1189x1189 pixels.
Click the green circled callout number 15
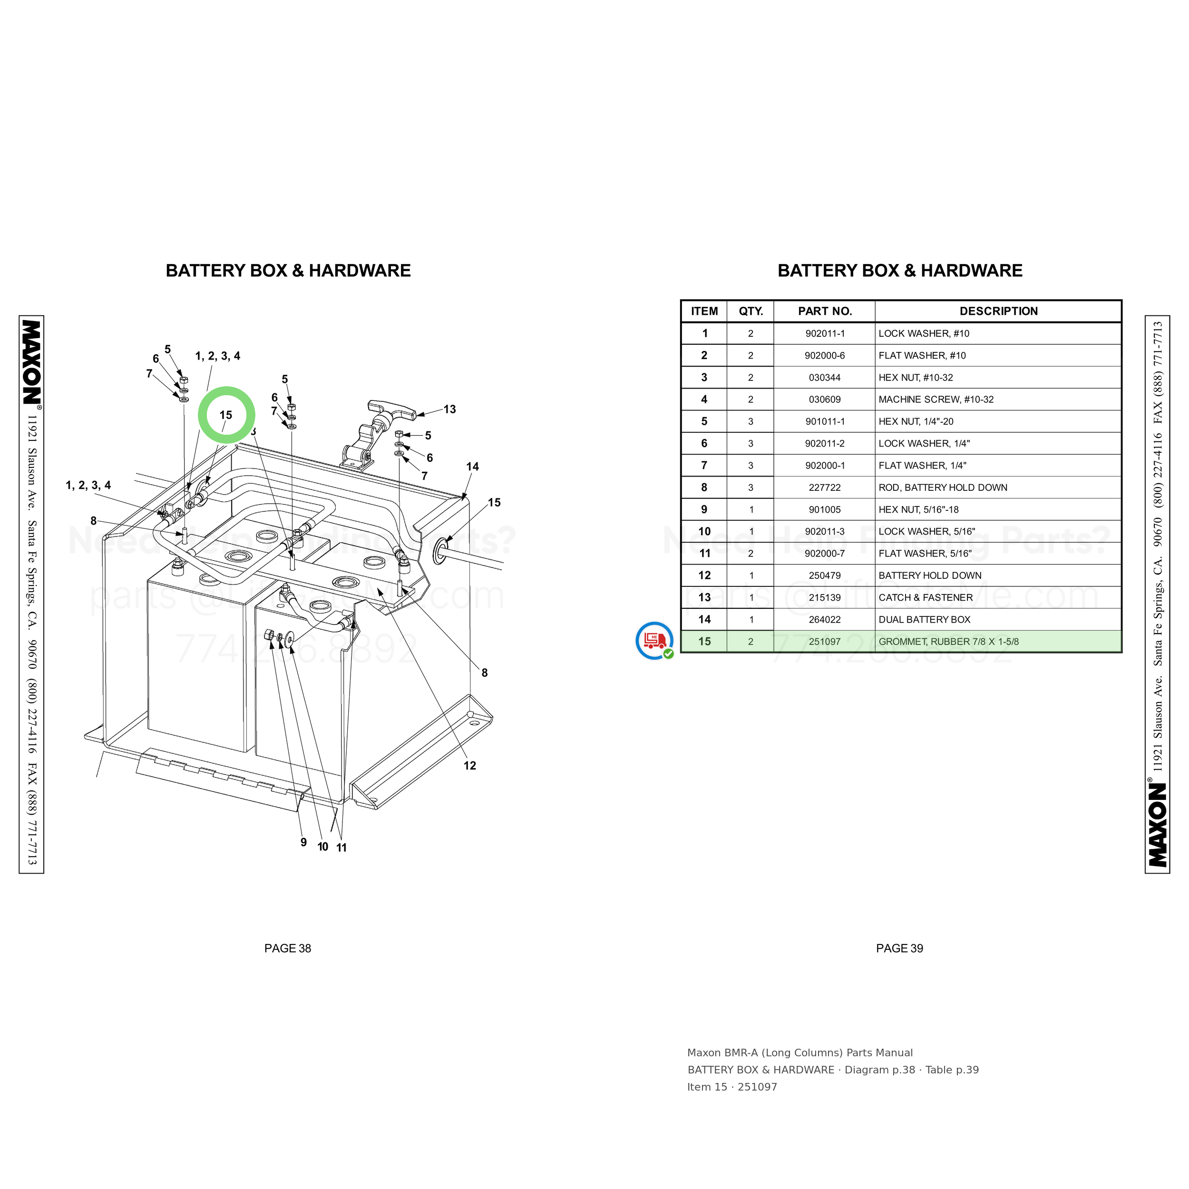pyautogui.click(x=226, y=415)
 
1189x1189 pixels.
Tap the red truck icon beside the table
pyautogui.click(x=654, y=641)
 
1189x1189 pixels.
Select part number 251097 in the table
pyautogui.click(x=824, y=641)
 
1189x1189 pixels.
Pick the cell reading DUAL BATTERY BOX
pyautogui.click(x=925, y=620)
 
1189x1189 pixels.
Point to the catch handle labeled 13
pyautogui.click(x=381, y=434)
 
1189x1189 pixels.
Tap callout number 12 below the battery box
pyautogui.click(x=469, y=766)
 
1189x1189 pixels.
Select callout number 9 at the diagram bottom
pyautogui.click(x=303, y=842)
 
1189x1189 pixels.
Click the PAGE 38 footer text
pyautogui.click(x=287, y=948)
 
